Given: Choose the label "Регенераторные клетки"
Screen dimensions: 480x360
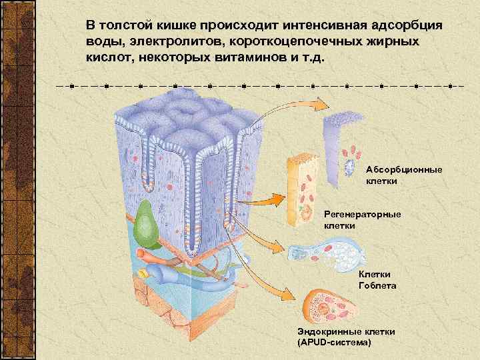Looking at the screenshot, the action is [x=362, y=220].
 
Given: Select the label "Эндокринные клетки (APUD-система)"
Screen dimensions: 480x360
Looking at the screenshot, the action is [x=347, y=337].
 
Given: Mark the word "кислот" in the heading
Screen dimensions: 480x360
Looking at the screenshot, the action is [x=107, y=57].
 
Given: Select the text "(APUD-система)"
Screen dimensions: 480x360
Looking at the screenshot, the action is [x=337, y=342].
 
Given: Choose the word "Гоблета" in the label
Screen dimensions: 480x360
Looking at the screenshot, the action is [x=377, y=285].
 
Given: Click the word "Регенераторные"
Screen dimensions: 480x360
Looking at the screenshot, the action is [x=362, y=215].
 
